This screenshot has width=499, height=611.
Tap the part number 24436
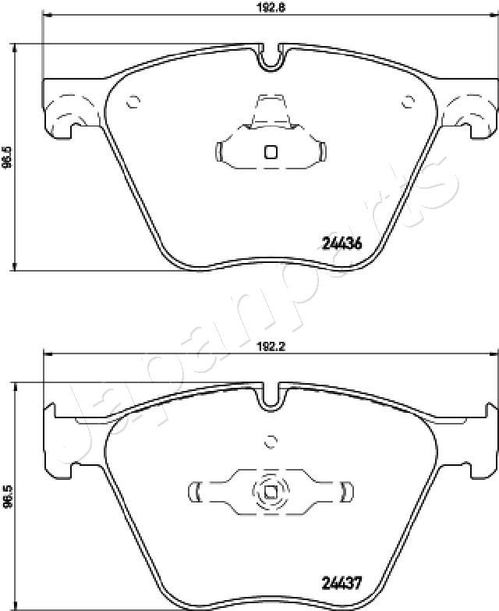pyautogui.click(x=342, y=243)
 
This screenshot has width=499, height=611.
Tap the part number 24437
pyautogui.click(x=342, y=584)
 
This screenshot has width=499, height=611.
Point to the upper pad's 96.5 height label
pyautogui.click(x=7, y=158)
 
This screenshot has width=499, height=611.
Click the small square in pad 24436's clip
pyautogui.click(x=271, y=151)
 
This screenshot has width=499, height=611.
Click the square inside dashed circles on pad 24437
pyautogui.click(x=271, y=492)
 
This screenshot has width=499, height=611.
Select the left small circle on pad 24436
pyautogui.click(x=133, y=102)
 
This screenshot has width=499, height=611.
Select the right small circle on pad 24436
pyautogui.click(x=409, y=102)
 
